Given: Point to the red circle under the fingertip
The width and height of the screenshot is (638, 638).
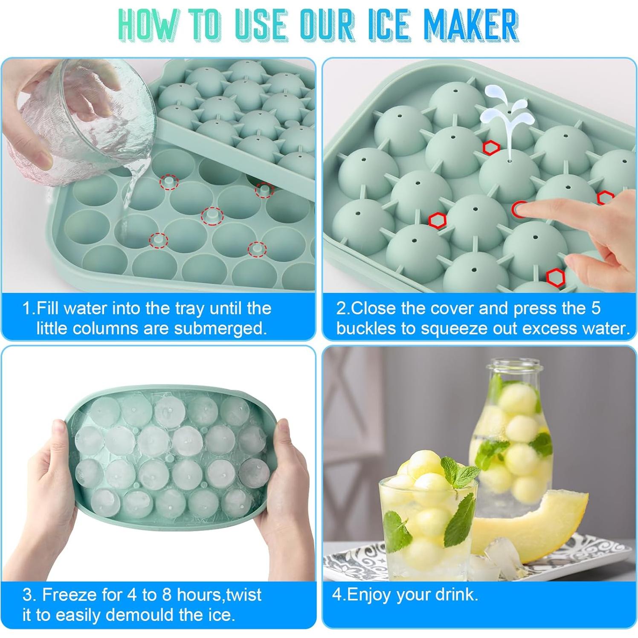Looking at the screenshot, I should tap(520, 209).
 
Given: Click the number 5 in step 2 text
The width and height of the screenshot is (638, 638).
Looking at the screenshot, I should tap(595, 308).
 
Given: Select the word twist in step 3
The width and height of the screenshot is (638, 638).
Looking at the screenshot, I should tap(244, 594).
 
